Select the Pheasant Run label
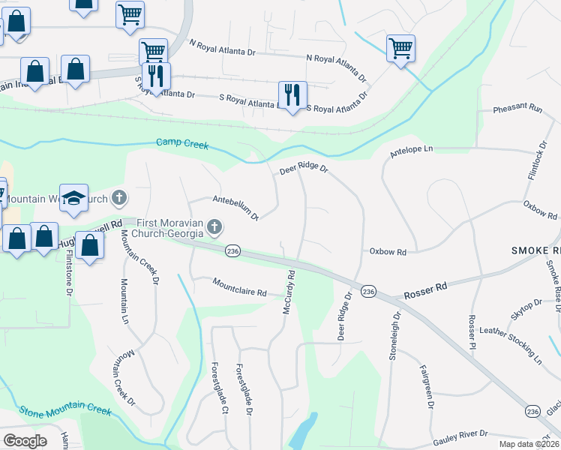pyautogui.click(x=517, y=109)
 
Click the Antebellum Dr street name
pyautogui.click(x=235, y=208)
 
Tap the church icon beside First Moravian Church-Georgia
pyautogui.click(x=214, y=226)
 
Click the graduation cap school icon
pyautogui.click(x=73, y=197)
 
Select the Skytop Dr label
pyautogui.click(x=526, y=310)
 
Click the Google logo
pyautogui.click(x=25, y=440)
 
